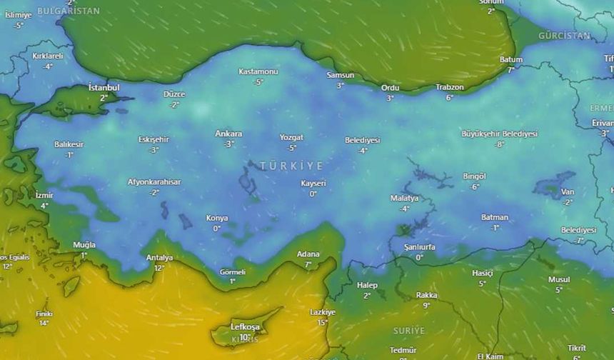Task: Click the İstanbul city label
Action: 104,87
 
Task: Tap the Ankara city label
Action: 228,134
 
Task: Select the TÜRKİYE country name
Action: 291,166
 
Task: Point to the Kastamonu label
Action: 258,72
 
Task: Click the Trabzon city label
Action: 450,87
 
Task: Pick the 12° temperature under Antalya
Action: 159,268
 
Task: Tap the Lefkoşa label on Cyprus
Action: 245,327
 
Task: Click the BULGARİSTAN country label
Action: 69,11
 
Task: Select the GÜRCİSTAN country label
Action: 564,36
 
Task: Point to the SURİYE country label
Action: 408,331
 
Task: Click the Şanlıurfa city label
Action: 420,247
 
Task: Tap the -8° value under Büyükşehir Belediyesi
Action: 500,144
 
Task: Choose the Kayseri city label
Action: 313,184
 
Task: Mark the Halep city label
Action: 367,286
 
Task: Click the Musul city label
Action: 559,280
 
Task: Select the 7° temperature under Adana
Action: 308,264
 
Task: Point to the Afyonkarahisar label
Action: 154,182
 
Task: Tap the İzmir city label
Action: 44,195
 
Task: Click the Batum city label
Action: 511,60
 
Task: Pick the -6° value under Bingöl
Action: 475,186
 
